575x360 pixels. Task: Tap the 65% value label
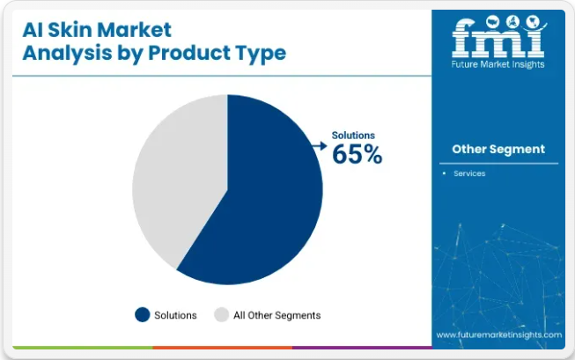click(x=357, y=154)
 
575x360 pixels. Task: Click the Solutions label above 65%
click(x=353, y=136)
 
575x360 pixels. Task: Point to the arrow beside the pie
click(x=320, y=146)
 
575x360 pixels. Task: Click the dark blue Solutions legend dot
click(x=143, y=314)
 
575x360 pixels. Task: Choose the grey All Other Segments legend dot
click(x=222, y=314)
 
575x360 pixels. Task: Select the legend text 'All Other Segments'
click(x=276, y=315)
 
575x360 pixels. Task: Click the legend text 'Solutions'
click(x=175, y=315)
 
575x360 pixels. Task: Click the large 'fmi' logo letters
click(x=498, y=37)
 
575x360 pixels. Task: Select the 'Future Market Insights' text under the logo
click(x=498, y=64)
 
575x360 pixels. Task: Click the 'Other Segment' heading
click(x=498, y=150)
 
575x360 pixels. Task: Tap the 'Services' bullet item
click(x=469, y=173)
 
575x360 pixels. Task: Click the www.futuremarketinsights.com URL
click(x=498, y=334)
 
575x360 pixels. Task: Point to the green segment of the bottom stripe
click(x=83, y=347)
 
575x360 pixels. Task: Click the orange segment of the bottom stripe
click(x=223, y=347)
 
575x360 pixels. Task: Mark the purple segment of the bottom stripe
click(x=362, y=347)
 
